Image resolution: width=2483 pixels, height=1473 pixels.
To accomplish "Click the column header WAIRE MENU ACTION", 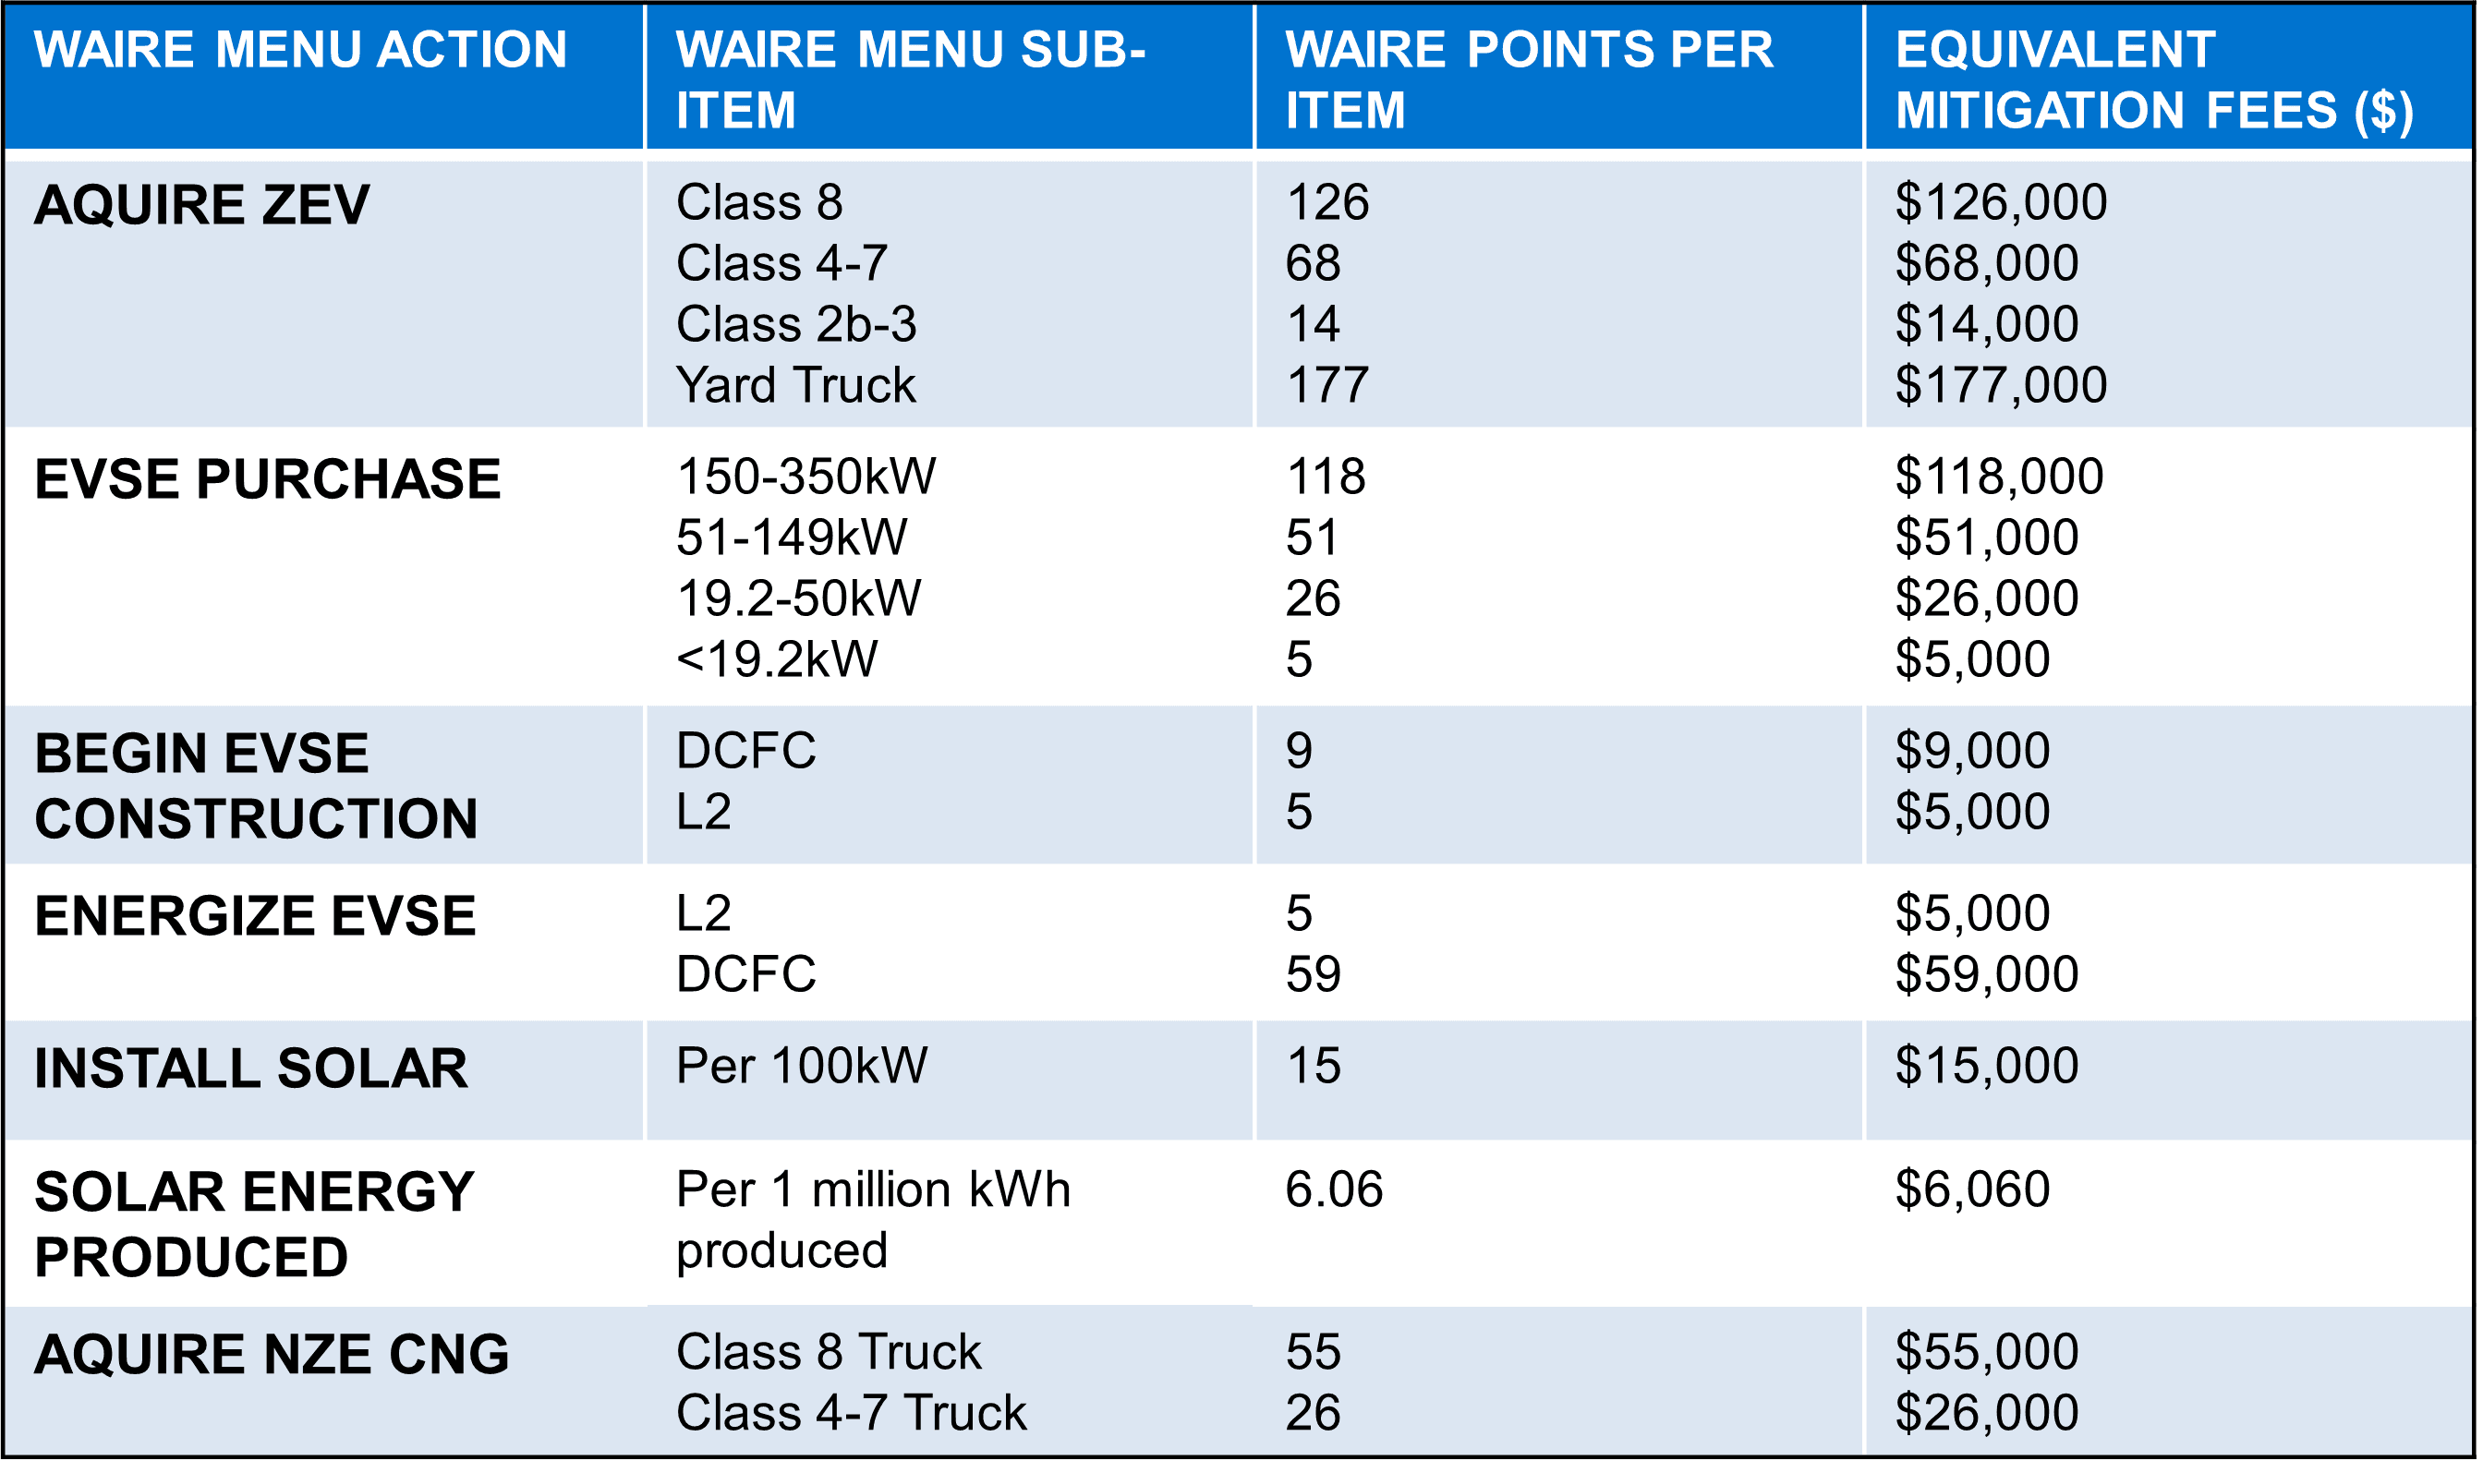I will point(300,50).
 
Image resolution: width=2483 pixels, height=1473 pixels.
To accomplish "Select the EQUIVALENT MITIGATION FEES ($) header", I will point(2153,79).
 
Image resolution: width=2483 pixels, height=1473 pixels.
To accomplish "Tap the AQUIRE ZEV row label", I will point(201,204).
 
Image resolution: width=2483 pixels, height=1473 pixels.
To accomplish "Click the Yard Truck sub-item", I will point(795,385).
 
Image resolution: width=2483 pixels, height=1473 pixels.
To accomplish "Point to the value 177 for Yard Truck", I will point(1327,385).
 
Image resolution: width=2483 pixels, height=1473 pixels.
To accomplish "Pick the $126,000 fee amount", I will point(2001,202).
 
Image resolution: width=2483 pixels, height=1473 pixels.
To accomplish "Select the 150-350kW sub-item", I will point(805,477).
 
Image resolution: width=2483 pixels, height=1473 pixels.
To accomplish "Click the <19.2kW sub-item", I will point(776,659).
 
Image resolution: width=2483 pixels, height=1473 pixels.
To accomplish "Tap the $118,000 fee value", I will point(1999,477).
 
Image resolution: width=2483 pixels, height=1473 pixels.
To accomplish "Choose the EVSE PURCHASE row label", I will point(267,478).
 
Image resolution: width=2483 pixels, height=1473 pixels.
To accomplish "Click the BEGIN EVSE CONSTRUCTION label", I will point(255,785).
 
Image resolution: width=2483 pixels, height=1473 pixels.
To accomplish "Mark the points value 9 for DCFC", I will point(1299,751).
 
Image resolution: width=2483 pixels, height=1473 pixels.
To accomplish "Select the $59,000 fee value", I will point(1987,973).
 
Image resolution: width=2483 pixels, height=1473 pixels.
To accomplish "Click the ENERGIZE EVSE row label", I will point(255,915).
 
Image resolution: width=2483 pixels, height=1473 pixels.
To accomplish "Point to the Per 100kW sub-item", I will point(801,1065).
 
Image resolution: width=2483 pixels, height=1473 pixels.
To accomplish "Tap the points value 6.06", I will point(1333,1189).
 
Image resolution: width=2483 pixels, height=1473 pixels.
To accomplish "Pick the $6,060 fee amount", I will point(1971,1189).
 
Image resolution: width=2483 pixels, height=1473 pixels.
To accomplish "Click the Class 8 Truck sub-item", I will point(828,1352).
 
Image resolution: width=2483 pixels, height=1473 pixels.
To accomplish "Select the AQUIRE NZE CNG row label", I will point(271,1354).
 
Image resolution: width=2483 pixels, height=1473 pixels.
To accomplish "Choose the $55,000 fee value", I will point(1987,1352).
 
